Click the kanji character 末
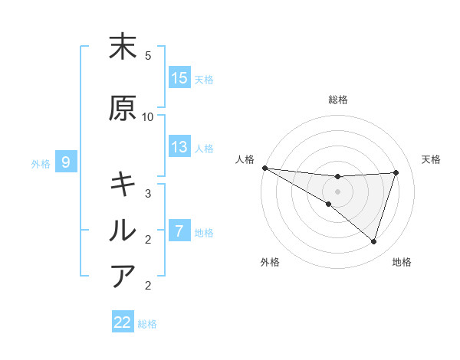point(123,47)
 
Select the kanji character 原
point(123,109)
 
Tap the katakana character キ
point(123,185)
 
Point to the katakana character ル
point(123,230)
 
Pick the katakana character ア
point(123,275)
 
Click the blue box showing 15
point(179,78)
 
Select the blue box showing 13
point(179,147)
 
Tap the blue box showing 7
point(179,231)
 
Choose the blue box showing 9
point(66,162)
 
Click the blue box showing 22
point(123,322)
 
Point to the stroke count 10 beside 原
point(148,117)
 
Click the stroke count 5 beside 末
point(148,56)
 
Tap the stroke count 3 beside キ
point(148,193)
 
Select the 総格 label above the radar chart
point(338,100)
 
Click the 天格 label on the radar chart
point(432,159)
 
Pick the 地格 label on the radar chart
point(402,262)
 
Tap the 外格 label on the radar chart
point(270,262)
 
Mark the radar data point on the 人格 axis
point(264,168)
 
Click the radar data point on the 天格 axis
point(396,172)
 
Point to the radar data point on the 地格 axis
point(373,241)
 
